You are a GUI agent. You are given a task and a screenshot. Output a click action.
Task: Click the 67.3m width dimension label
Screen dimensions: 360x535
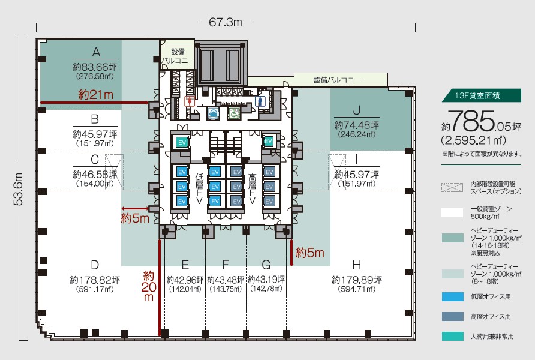pos(226,23)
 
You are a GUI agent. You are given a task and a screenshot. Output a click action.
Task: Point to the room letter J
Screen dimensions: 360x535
pos(356,110)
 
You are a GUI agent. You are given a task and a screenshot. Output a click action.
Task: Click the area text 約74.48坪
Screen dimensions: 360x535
pos(356,125)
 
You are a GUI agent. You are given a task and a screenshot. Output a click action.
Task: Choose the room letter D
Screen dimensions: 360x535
pos(95,264)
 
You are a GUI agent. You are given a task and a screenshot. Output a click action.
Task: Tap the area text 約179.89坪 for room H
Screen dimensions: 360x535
pos(356,280)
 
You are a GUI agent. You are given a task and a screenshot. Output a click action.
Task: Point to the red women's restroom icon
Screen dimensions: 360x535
pos(190,101)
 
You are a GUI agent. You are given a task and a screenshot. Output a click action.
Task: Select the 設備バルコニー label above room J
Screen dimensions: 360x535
pos(338,80)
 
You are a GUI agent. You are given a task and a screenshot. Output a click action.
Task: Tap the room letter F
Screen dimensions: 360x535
pos(226,264)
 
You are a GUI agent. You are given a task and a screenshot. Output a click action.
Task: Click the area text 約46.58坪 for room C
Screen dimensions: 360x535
pos(95,174)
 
